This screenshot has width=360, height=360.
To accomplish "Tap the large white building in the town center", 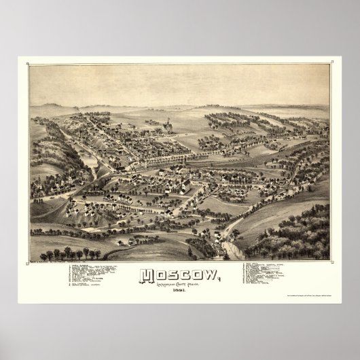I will [183, 185].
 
